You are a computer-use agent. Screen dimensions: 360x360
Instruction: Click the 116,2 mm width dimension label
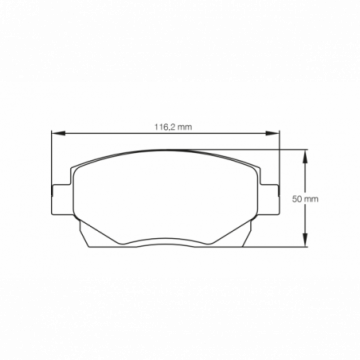coord(164,126)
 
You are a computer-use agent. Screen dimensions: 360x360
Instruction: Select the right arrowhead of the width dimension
coord(275,135)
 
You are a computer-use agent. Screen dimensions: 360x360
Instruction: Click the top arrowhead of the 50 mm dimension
coord(304,153)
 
